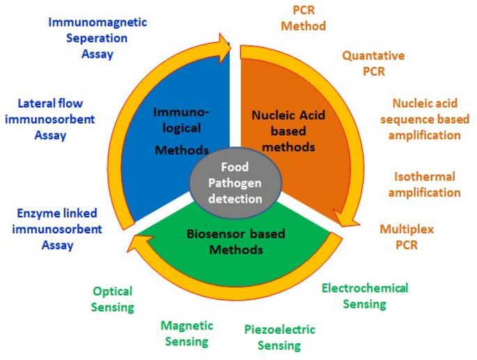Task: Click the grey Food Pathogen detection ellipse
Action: [x=236, y=182]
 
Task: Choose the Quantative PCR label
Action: [x=373, y=63]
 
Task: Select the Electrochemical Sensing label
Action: [x=364, y=295]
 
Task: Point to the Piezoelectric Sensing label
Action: [x=279, y=337]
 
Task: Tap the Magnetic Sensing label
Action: [x=186, y=334]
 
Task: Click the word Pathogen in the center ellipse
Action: [x=236, y=182]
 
